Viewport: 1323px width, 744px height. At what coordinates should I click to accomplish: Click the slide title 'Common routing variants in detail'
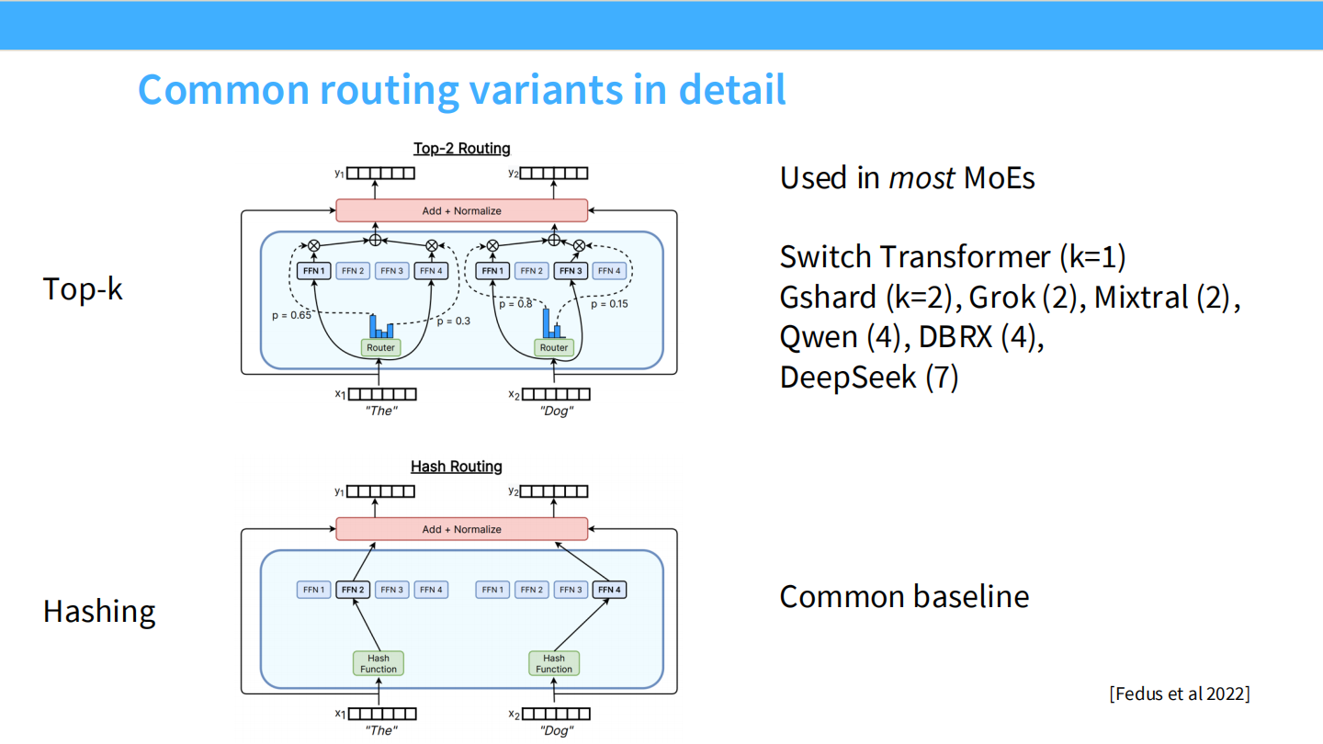461,90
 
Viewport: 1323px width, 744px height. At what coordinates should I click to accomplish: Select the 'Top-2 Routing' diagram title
461,148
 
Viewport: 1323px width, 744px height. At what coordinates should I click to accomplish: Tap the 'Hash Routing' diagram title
456,467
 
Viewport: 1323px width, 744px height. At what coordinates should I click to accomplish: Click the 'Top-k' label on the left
83,288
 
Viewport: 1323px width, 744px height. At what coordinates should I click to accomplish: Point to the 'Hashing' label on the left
99,611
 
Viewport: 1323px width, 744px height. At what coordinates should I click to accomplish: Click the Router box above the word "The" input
380,348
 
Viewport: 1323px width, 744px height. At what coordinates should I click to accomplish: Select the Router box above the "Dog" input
554,348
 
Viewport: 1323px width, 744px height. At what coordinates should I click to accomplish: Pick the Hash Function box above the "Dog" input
554,663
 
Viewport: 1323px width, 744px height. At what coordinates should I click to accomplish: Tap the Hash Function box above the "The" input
379,663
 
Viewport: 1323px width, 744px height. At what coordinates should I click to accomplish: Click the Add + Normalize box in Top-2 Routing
461,210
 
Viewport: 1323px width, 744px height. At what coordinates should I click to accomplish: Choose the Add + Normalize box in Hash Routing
461,529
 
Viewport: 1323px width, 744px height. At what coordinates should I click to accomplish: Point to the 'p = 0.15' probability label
609,304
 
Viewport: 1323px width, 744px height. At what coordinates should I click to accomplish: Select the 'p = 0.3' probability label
453,321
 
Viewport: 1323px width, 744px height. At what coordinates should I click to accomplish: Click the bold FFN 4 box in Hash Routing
609,590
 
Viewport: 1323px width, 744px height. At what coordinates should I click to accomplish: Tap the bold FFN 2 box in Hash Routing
354,590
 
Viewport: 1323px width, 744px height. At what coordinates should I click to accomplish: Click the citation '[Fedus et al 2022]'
1180,693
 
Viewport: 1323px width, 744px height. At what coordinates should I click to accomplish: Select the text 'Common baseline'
904,597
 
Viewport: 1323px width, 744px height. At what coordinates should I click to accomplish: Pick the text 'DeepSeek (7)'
869,377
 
